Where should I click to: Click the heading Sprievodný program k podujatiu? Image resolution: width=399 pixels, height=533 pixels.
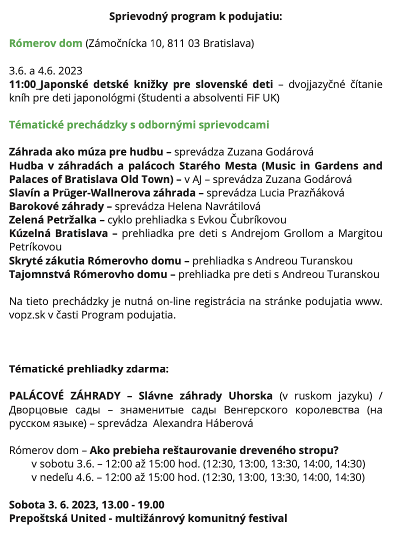click(196, 16)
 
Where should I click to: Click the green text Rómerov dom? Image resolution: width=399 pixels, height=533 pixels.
click(45, 43)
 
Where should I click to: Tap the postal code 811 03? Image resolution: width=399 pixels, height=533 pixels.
click(182, 43)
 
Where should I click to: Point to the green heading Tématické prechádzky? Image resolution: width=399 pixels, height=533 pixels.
click(139, 124)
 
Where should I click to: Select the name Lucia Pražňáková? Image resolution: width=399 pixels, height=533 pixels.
click(305, 192)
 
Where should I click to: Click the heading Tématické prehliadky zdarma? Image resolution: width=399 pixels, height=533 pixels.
click(89, 369)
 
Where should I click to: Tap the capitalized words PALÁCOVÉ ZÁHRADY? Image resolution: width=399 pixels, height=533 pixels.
click(64, 396)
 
